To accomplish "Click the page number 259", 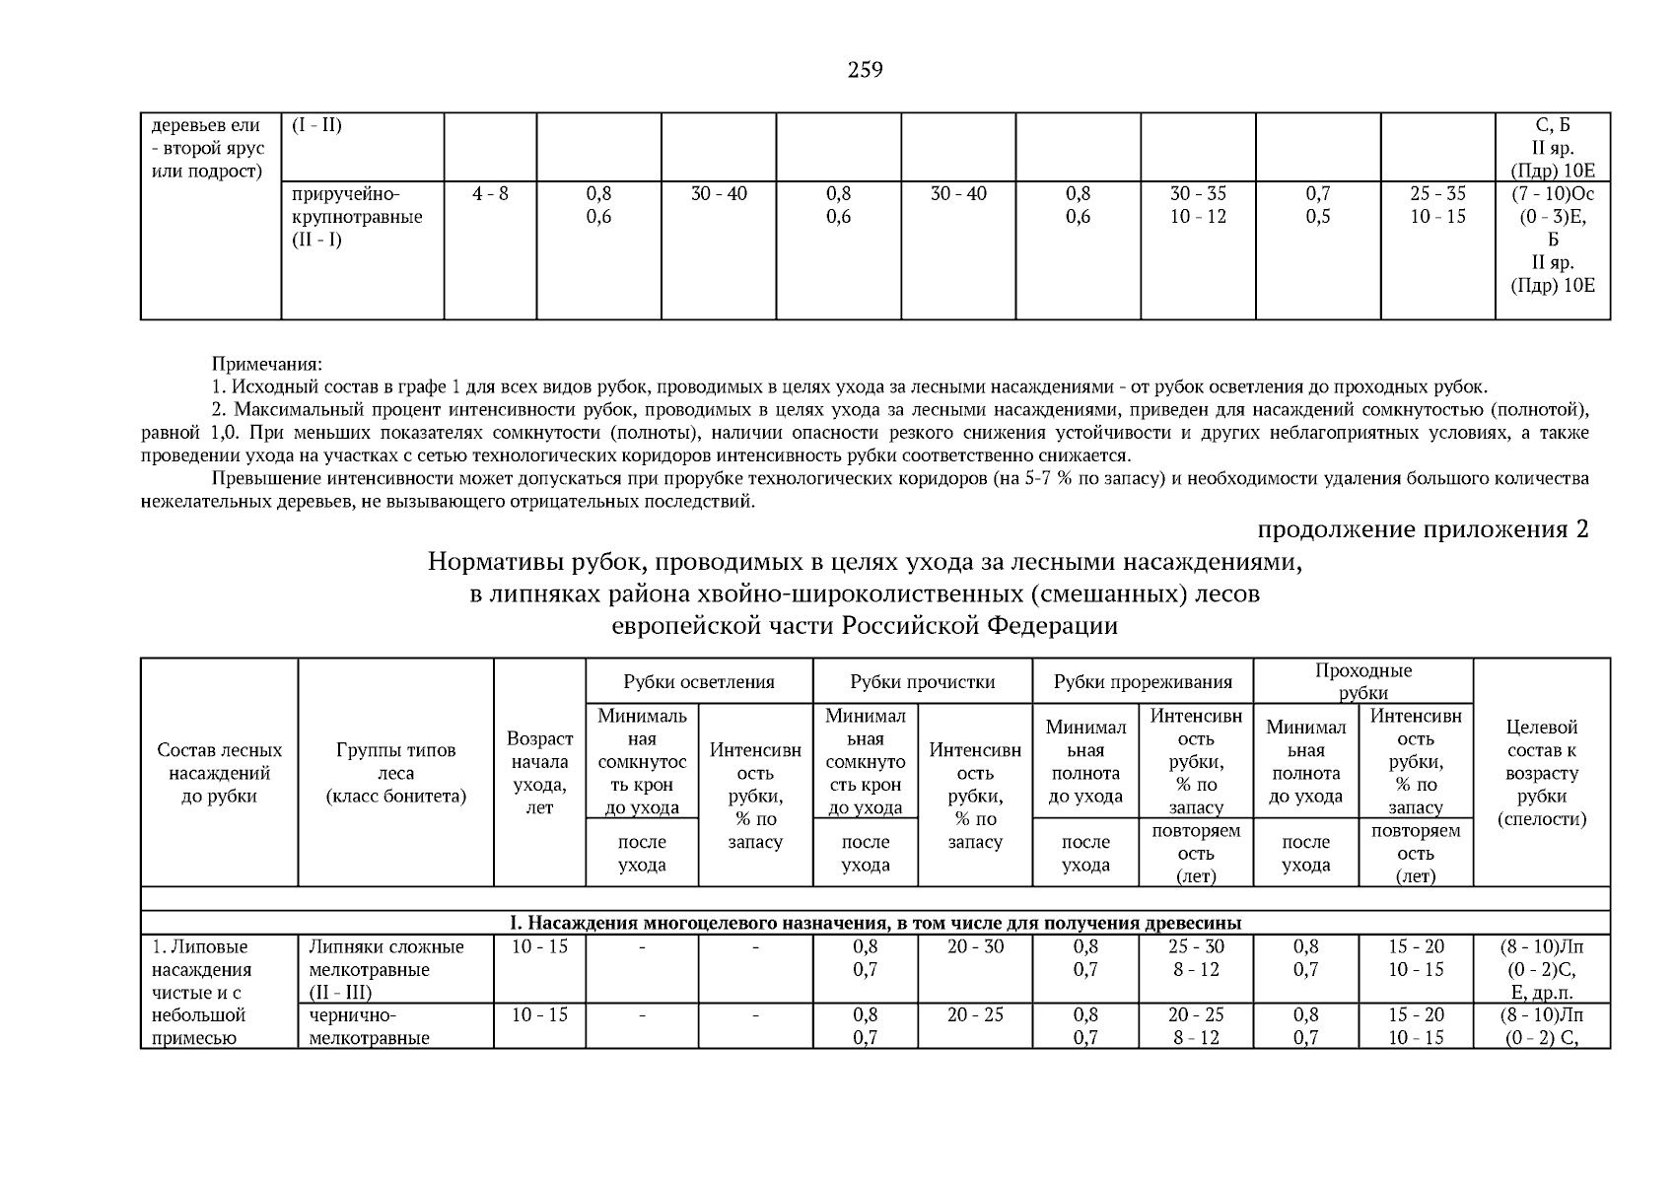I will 865,70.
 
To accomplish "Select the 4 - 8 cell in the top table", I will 490,194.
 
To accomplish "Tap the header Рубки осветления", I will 698,682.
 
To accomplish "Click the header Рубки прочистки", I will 922,682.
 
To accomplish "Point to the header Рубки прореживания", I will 1142,682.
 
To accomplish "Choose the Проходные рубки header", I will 1362,681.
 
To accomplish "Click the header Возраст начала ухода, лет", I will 539,773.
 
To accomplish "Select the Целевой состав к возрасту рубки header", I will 1541,773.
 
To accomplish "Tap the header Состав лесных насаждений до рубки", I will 219,773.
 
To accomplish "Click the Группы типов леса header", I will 395,773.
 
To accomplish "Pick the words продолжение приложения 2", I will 1422,529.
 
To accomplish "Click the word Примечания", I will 266,364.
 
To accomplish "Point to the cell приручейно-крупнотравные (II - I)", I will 357,217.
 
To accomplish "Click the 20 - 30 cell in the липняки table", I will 974,946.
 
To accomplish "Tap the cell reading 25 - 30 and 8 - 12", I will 1196,958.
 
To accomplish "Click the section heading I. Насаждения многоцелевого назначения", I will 874,923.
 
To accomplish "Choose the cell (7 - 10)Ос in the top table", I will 1552,194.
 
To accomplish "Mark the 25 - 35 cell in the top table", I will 1436,194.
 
